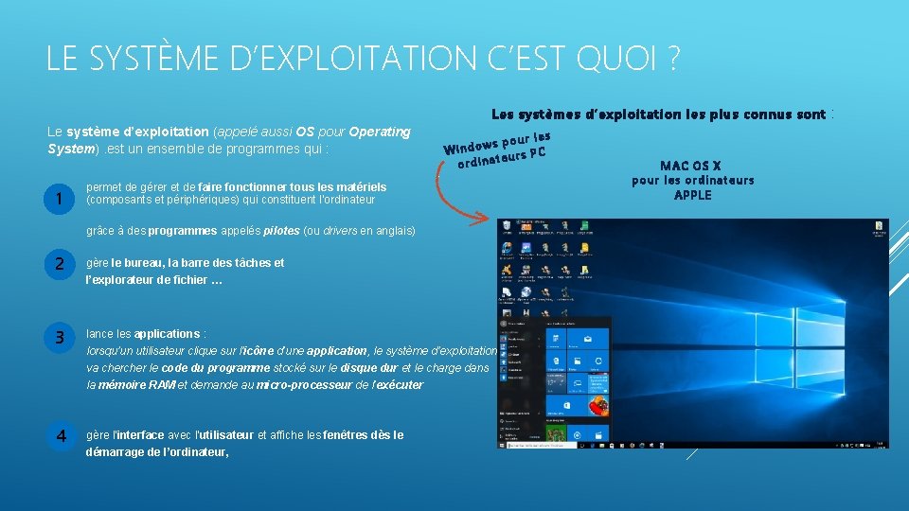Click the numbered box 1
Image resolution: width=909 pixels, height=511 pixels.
(60, 199)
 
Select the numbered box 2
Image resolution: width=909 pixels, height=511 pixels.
(60, 265)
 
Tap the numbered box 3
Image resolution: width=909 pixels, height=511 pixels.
(60, 336)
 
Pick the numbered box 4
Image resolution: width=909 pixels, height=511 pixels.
(60, 436)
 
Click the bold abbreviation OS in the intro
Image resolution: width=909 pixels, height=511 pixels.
(306, 132)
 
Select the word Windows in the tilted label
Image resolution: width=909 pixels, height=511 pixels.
(471, 147)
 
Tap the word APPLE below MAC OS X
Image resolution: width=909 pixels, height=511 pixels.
(692, 195)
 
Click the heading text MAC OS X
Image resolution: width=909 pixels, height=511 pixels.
(692, 166)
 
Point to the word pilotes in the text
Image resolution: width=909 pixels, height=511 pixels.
(281, 231)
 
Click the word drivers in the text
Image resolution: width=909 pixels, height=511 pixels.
(342, 231)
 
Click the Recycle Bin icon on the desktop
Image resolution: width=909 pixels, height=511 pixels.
(507, 227)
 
